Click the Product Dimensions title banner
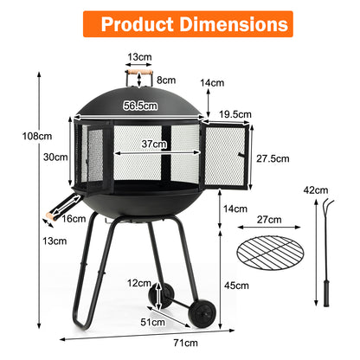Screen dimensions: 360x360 tap(180, 23)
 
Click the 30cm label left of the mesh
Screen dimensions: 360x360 tap(55, 157)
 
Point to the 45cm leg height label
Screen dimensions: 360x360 tap(237, 285)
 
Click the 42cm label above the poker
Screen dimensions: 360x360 tap(321, 190)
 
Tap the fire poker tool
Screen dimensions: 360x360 tap(326, 260)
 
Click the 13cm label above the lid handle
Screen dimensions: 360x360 tap(139, 59)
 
